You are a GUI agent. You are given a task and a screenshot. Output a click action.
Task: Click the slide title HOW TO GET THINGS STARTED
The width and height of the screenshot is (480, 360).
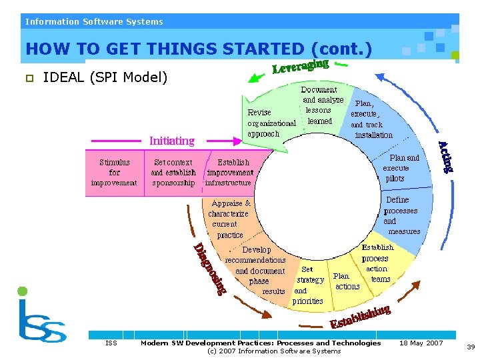pos(198,49)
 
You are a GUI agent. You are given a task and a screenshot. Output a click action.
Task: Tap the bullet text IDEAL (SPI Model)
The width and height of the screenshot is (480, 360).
pos(105,78)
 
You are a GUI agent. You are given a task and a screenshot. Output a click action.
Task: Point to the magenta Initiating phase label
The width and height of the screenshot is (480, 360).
pos(172,141)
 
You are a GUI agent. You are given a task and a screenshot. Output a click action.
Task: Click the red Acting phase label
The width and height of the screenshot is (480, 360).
pos(446,157)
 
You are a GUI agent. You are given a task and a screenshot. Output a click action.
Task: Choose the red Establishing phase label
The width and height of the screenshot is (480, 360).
pos(360,317)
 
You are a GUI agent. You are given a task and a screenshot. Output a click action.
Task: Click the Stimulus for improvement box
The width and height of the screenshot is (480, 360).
pos(114,172)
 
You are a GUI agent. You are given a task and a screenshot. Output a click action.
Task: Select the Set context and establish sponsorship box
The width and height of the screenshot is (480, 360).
pos(173,172)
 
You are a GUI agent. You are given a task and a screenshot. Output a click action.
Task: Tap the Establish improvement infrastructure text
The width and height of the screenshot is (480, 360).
pos(229,172)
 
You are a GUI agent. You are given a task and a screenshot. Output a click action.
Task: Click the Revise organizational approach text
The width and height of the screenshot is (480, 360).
pos(271,123)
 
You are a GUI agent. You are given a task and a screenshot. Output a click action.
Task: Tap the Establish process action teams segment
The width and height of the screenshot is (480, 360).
pos(378,263)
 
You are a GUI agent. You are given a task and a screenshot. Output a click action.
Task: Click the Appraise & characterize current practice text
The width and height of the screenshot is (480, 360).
pos(230,219)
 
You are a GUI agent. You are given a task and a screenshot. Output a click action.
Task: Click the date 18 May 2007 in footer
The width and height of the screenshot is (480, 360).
pos(421,343)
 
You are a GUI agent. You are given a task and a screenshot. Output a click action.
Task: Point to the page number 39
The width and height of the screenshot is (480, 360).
pos(471,347)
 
